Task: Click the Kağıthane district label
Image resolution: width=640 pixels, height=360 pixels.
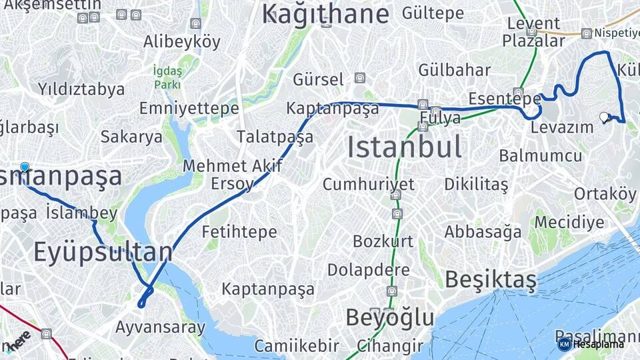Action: point(325,13)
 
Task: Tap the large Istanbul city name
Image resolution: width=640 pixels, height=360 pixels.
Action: point(405,147)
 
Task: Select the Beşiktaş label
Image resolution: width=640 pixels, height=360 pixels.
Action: point(490,280)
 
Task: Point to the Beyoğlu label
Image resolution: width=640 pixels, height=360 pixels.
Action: point(389,318)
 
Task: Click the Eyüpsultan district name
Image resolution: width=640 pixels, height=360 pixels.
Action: point(103,253)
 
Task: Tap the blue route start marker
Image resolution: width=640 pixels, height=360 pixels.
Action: point(25,167)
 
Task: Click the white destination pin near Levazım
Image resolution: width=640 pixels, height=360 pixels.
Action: point(605,117)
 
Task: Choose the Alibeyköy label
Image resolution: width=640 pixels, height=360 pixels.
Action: point(181,42)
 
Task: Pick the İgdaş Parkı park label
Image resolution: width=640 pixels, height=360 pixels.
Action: point(167,77)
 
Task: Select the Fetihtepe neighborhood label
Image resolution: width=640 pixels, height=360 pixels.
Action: point(239,232)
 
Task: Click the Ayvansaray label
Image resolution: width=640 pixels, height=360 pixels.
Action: point(160,327)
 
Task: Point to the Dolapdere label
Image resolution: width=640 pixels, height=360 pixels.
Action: point(368,270)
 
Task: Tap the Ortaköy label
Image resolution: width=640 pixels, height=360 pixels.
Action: point(605,193)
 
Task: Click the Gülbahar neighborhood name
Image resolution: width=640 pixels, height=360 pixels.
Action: point(455,70)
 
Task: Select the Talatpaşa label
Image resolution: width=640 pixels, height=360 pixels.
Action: point(275,137)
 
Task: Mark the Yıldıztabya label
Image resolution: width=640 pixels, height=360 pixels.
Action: point(81,89)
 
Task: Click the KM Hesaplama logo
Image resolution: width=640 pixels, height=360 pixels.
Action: point(591,344)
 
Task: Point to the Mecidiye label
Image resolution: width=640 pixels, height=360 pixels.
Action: point(569,222)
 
